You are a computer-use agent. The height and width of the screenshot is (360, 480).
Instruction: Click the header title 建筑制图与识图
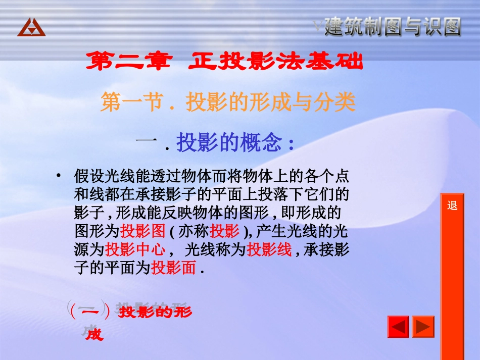click(393, 26)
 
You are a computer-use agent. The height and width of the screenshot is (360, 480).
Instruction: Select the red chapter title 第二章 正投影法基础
click(224, 62)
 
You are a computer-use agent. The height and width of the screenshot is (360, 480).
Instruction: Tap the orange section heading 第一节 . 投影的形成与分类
click(228, 102)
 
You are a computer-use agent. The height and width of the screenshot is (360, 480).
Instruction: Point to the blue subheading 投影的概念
click(228, 143)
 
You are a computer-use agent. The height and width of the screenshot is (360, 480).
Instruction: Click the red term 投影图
click(143, 232)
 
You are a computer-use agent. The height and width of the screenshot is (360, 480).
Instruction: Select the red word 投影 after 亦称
click(224, 232)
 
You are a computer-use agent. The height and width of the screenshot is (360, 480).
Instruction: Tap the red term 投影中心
click(135, 250)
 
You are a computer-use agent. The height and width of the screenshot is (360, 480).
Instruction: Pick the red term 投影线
click(269, 250)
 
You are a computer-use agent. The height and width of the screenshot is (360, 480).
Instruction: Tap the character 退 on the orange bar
click(452, 206)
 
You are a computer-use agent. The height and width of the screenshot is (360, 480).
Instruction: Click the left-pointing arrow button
click(398, 327)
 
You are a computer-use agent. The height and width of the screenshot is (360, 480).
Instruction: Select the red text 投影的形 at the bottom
click(156, 312)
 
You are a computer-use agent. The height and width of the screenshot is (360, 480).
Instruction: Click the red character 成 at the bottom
click(94, 334)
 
